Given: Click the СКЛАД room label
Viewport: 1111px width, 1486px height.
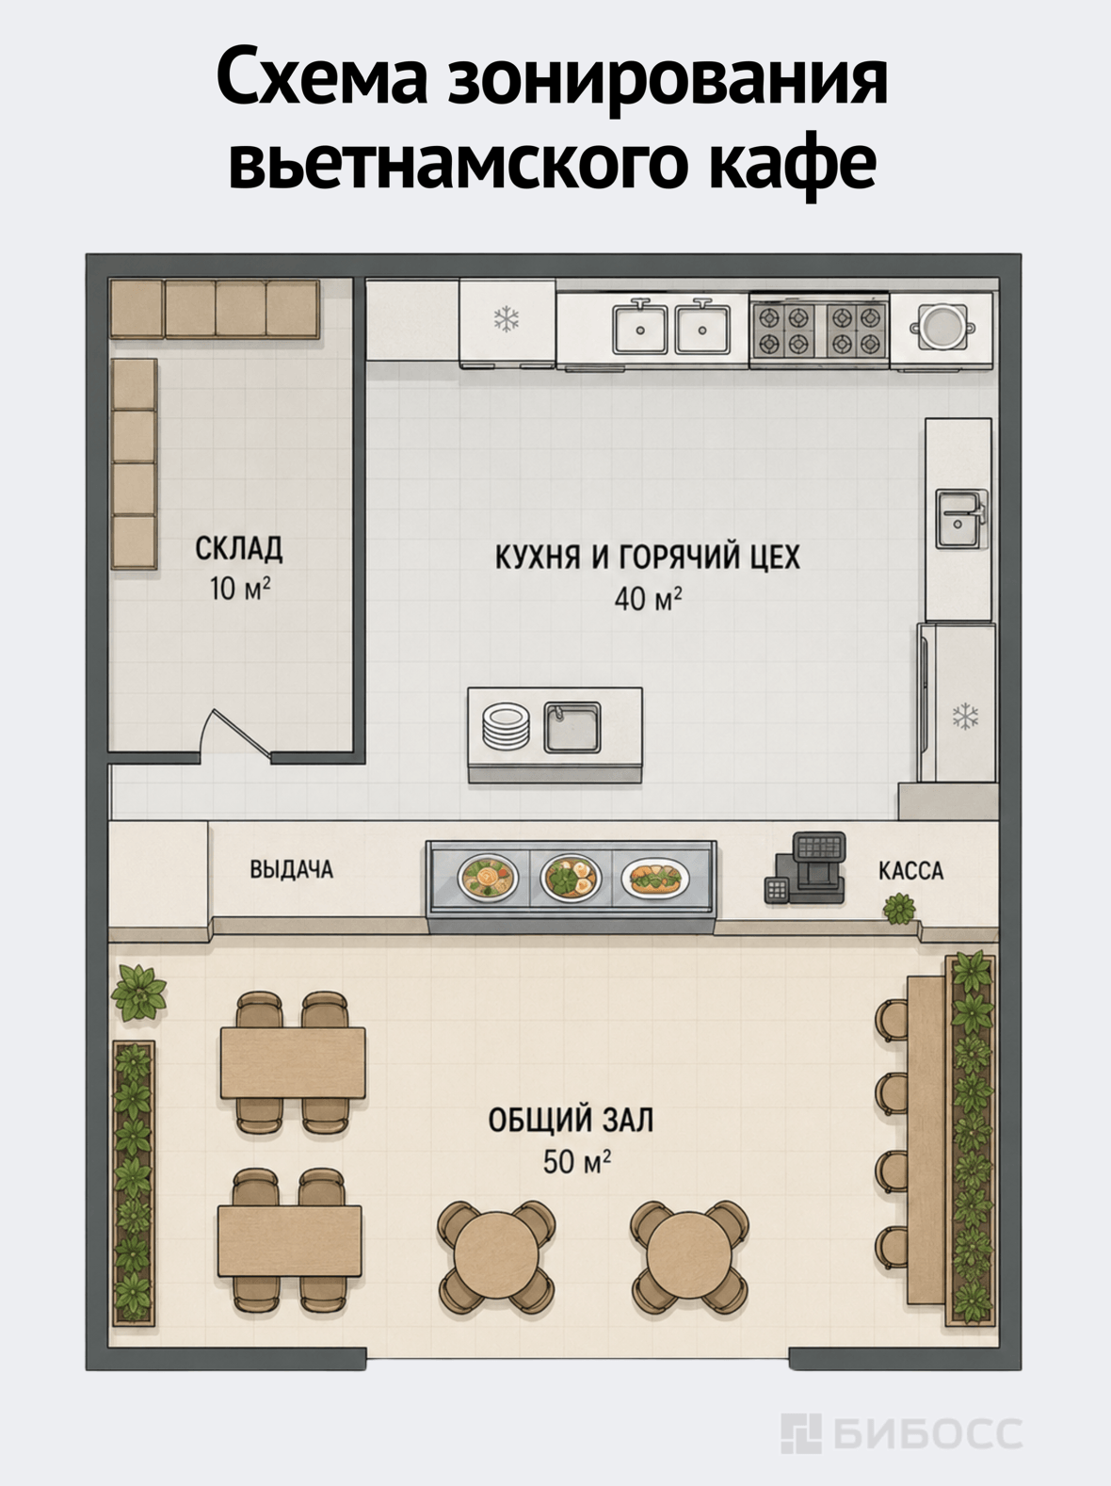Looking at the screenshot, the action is pos(239,548).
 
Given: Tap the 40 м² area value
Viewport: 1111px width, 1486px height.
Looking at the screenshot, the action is pos(648,598).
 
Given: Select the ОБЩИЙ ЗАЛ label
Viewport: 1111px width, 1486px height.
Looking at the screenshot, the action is pos(572,1120).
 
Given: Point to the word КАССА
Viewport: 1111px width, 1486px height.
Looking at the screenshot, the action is pos(910,871).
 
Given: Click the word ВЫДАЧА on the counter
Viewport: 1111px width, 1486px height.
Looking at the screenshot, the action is pos(292,869).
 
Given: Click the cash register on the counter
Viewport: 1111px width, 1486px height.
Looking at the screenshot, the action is pos(806,868).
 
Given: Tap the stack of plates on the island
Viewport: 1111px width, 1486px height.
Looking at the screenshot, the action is pos(506,727).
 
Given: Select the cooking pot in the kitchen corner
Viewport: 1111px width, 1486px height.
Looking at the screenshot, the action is pos(942,327).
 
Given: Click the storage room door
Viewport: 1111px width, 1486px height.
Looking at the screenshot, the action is pos(234,733).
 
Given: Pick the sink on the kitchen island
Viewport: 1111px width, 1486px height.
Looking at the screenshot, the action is pos(572,728).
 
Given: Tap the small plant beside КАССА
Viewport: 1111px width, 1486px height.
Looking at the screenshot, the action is pos(899,909).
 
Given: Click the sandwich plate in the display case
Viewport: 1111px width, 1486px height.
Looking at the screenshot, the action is pos(655,879).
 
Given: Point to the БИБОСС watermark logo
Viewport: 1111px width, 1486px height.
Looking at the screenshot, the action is pos(901,1432).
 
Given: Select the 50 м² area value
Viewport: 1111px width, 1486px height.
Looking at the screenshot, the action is pos(576,1162).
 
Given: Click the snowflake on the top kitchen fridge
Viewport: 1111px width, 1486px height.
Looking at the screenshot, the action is pos(507,319).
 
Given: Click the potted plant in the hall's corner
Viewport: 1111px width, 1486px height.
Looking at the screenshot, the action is pos(138,993).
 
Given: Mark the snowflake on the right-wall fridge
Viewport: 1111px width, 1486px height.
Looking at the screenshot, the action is pos(965,717).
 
